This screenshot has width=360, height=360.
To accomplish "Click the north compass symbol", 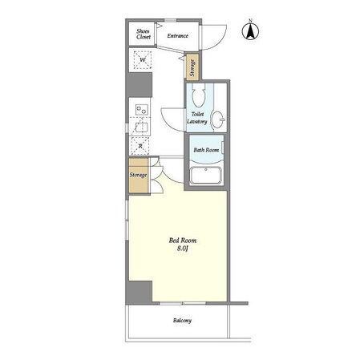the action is (x=250, y=31).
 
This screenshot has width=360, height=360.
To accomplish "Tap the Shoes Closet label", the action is (x=144, y=34).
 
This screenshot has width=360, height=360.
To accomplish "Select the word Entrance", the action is (x=178, y=35).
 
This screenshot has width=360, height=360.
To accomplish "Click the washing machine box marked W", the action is (x=143, y=59).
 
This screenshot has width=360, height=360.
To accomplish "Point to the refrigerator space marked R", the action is (x=140, y=146).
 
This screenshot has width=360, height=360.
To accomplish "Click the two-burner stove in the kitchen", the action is (x=142, y=110).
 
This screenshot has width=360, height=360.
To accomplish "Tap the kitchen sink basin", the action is (x=141, y=127).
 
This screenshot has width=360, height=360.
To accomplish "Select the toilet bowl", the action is (x=199, y=95).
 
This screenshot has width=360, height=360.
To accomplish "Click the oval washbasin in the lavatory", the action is (x=218, y=119).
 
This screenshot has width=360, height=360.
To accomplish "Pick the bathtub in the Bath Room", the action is (x=206, y=176).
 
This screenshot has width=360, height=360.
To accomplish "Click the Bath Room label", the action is (x=206, y=150).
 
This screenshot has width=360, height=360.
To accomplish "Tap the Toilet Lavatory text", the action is (x=197, y=118).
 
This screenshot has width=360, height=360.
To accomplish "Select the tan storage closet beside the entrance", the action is (x=192, y=67).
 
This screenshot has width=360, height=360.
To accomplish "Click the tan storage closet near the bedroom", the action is (x=138, y=176).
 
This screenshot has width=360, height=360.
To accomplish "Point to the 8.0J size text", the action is (x=183, y=249).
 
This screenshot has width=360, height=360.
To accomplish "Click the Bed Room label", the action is (x=183, y=241).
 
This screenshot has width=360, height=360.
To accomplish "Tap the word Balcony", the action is (x=182, y=320).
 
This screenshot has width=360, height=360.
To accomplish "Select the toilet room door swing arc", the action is (x=169, y=123).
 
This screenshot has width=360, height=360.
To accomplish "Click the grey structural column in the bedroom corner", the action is (x=139, y=292).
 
